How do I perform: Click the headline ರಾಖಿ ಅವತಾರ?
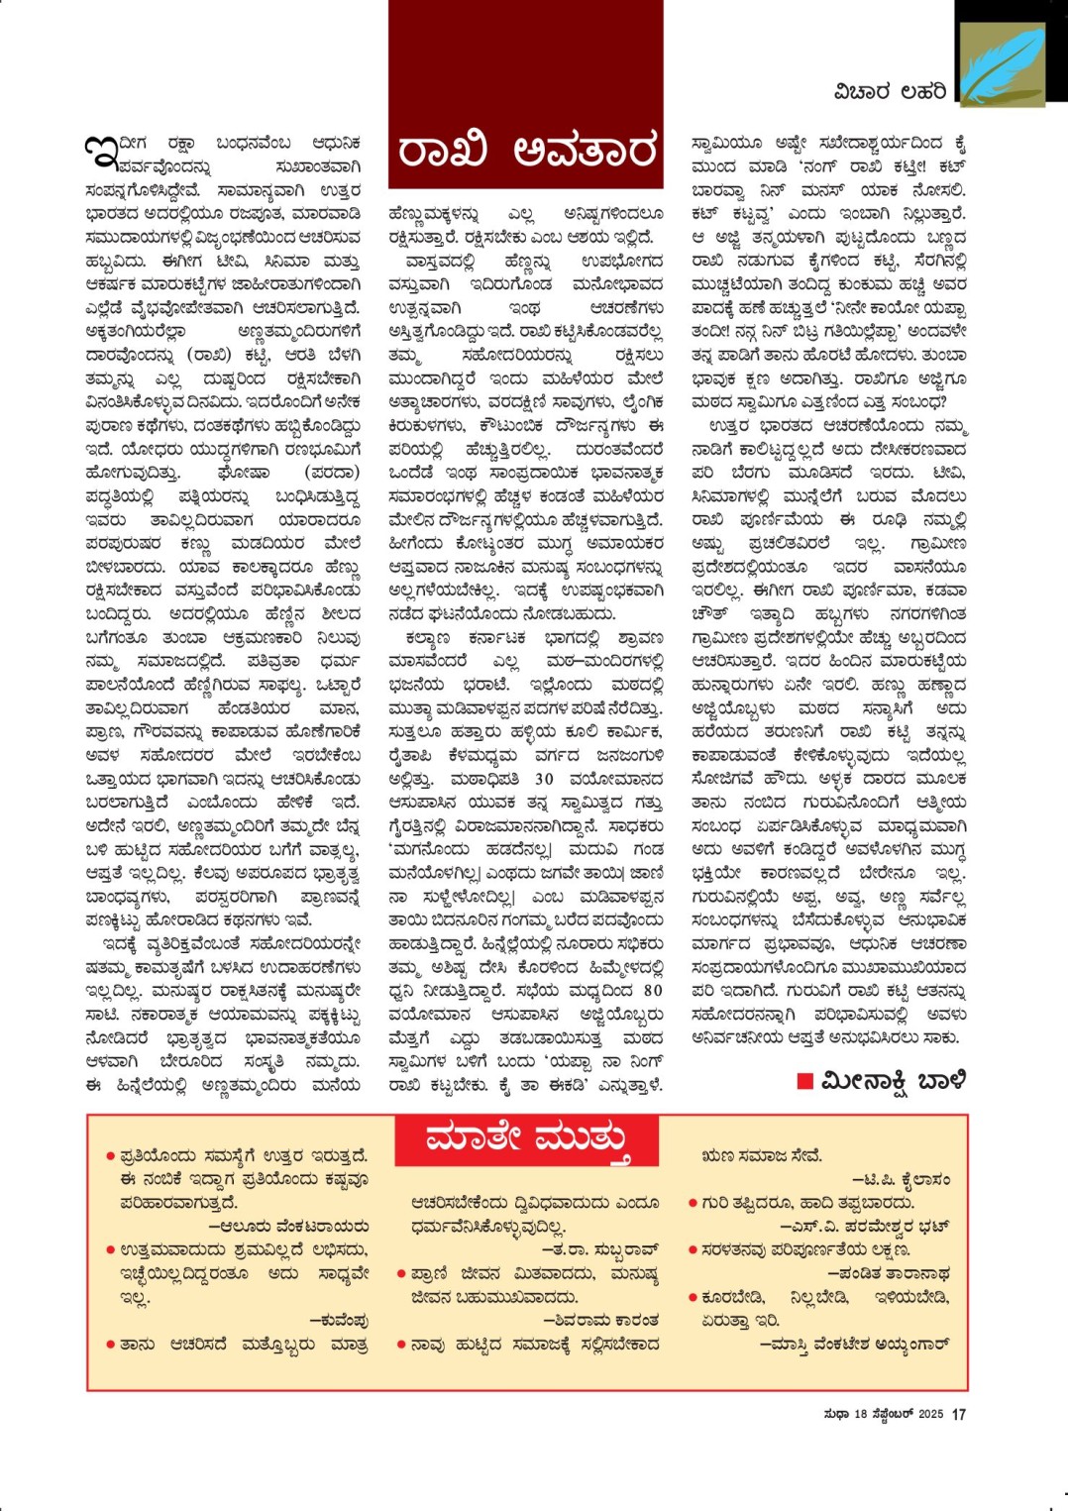pyautogui.click(x=525, y=151)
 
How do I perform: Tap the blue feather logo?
pyautogui.click(x=1002, y=64)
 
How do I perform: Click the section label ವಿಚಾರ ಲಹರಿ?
pyautogui.click(x=889, y=92)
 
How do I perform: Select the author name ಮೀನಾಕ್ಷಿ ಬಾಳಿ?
pyautogui.click(x=893, y=1080)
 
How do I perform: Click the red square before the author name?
pyautogui.click(x=805, y=1080)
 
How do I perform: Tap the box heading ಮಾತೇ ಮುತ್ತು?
pyautogui.click(x=527, y=1140)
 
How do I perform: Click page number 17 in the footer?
pyautogui.click(x=958, y=1415)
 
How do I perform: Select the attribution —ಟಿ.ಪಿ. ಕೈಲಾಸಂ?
pyautogui.click(x=901, y=1180)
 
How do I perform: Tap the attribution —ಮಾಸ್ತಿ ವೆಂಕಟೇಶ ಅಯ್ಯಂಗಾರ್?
pyautogui.click(x=854, y=1345)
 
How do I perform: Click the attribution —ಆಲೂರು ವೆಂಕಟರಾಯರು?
pyautogui.click(x=288, y=1227)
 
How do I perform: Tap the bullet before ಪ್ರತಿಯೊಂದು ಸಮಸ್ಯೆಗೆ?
pyautogui.click(x=110, y=1156)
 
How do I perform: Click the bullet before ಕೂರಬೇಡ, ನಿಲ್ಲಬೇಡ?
pyautogui.click(x=693, y=1297)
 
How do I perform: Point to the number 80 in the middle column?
pyautogui.click(x=652, y=990)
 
